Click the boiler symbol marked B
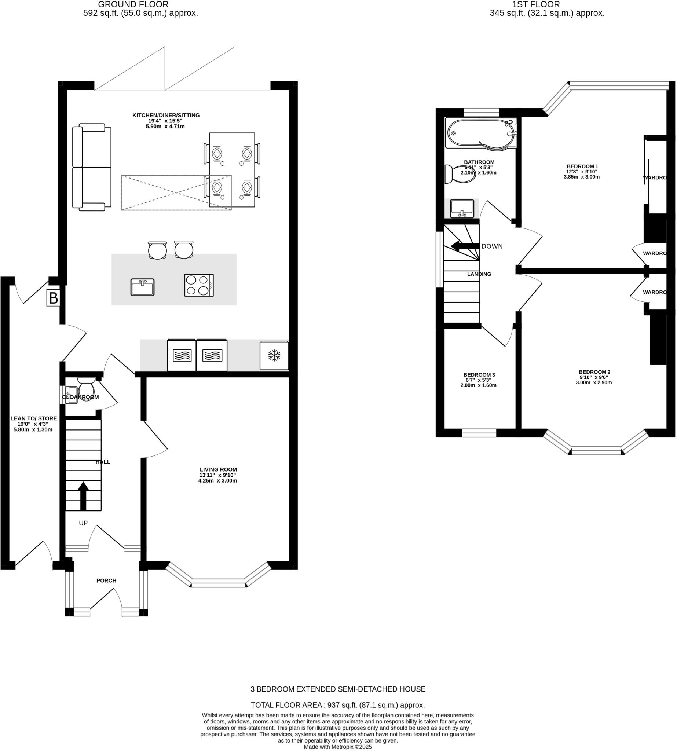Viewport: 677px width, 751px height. pos(54,298)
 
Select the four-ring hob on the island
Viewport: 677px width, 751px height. pos(199,285)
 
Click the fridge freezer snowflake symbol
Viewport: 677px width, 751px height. pos(274,356)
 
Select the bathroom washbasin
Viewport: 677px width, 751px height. pos(462,208)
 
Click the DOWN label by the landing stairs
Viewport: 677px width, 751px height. pos(492,246)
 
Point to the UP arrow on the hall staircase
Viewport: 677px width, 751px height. pos(83,496)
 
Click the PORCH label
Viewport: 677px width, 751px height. pos(106,580)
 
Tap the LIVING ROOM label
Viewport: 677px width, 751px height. pos(218,469)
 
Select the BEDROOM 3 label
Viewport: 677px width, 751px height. pos(479,374)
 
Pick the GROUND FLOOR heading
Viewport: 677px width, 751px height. pos(133,4)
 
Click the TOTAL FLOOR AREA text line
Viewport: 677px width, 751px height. pos(338,705)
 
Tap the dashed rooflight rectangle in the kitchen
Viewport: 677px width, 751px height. pos(176,193)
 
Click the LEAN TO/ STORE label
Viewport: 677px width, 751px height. pos(33,418)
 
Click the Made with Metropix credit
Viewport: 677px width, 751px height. pos(338,747)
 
